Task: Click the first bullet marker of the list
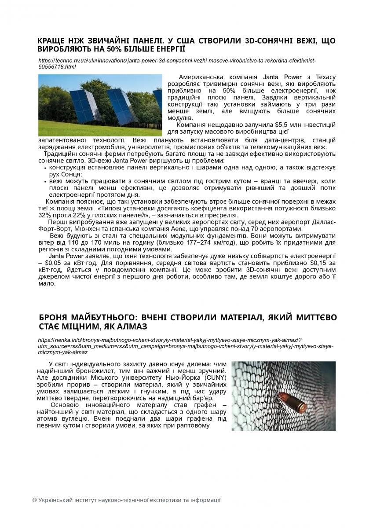[46, 168]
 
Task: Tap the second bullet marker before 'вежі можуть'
[46, 181]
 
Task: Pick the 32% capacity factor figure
[45, 215]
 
